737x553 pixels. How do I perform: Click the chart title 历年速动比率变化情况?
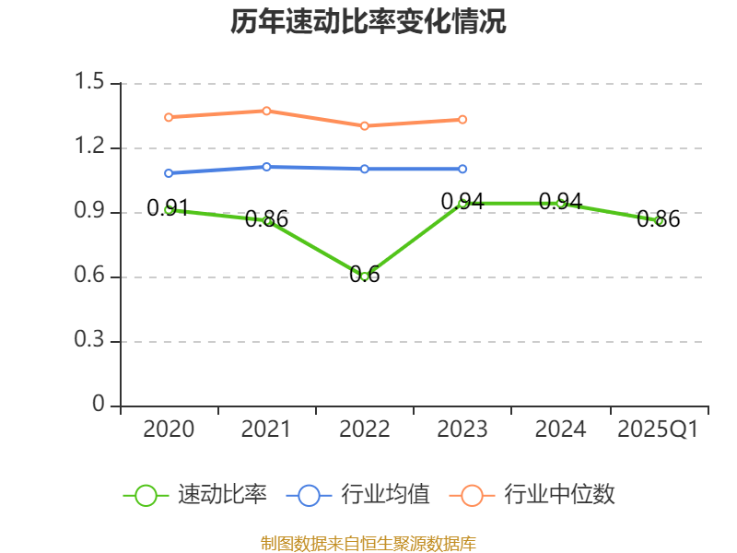(368, 22)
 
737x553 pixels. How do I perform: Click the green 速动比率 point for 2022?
(365, 276)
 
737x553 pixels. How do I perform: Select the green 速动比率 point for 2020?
(169, 209)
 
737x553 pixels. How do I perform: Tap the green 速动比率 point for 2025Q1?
(659, 221)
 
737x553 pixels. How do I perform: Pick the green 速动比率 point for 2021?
(267, 221)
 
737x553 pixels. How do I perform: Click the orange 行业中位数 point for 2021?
(267, 111)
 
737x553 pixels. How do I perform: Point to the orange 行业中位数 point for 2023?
(462, 119)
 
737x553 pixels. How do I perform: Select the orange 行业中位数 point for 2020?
(169, 117)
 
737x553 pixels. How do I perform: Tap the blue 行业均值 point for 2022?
(365, 169)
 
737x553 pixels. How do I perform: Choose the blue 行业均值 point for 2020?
(169, 172)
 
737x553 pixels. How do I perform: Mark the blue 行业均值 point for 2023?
(462, 169)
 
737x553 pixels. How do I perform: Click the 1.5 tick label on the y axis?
(92, 83)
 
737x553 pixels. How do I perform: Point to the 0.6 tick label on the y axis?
(92, 276)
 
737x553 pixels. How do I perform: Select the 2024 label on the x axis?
(560, 429)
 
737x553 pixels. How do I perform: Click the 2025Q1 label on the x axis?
(658, 429)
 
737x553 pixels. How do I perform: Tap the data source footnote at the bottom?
(368, 543)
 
